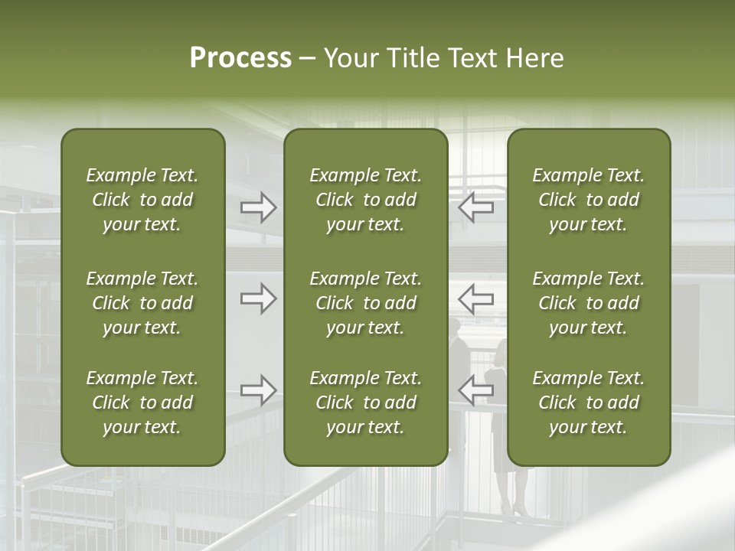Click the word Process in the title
tap(240, 58)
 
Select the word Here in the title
tap(534, 58)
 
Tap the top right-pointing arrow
tap(258, 207)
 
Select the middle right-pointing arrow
tap(258, 298)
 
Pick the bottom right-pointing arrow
tap(258, 390)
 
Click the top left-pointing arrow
tap(475, 207)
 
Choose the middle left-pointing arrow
tap(475, 298)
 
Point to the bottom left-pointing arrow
tap(475, 390)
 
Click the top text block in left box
tap(142, 200)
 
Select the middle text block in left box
tap(142, 303)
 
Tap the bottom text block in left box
tap(142, 403)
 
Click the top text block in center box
tap(365, 200)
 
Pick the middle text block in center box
tap(365, 303)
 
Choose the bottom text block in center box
tap(365, 403)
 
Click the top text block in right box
tap(588, 200)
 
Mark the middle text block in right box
tap(588, 303)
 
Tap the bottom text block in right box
tap(588, 403)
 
